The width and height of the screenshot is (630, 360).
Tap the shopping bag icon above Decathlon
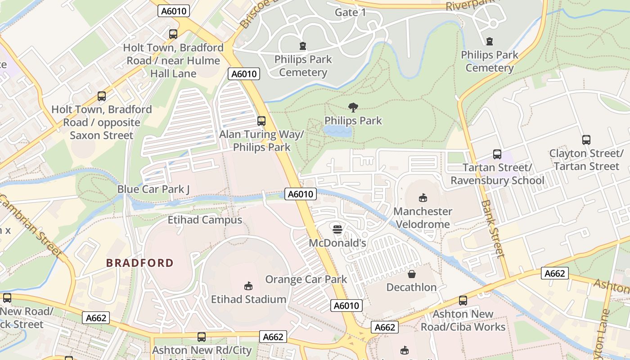411,274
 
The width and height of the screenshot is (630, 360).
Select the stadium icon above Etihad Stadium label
248,286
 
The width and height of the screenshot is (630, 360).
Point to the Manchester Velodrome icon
423,198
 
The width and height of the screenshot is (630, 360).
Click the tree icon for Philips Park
353,107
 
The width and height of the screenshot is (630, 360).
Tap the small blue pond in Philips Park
337,131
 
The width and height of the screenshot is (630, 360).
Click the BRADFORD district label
140,263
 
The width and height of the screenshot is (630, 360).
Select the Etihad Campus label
205,220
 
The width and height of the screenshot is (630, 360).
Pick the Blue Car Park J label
153,189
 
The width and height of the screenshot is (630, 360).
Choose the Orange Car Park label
306,279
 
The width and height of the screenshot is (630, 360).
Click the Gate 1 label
351,12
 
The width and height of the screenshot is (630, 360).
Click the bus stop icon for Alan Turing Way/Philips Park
261,121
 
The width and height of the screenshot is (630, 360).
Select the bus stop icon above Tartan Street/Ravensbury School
497,154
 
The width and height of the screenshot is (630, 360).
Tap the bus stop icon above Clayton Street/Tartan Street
586,140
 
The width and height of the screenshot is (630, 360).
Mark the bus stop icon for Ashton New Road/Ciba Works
463,301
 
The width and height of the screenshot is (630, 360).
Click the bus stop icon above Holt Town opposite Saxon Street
102,96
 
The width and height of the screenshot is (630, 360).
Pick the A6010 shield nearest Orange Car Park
346,306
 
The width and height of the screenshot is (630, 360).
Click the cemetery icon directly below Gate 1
303,46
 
